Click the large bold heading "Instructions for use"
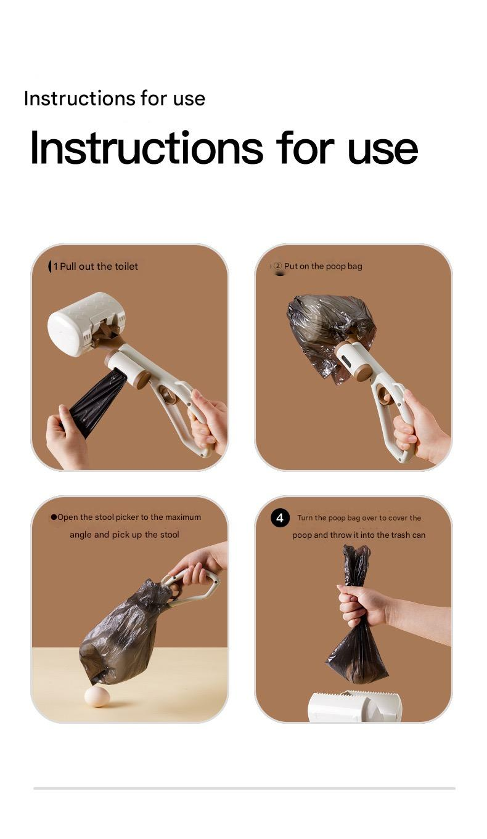pos(223,148)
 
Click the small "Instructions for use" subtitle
pos(114,99)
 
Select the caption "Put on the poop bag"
pos(323,266)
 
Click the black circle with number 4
pos(280,518)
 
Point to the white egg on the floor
pos(97,696)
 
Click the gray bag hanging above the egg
pos(123,634)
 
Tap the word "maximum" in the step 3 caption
pos(183,517)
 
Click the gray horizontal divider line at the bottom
pos(244,788)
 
